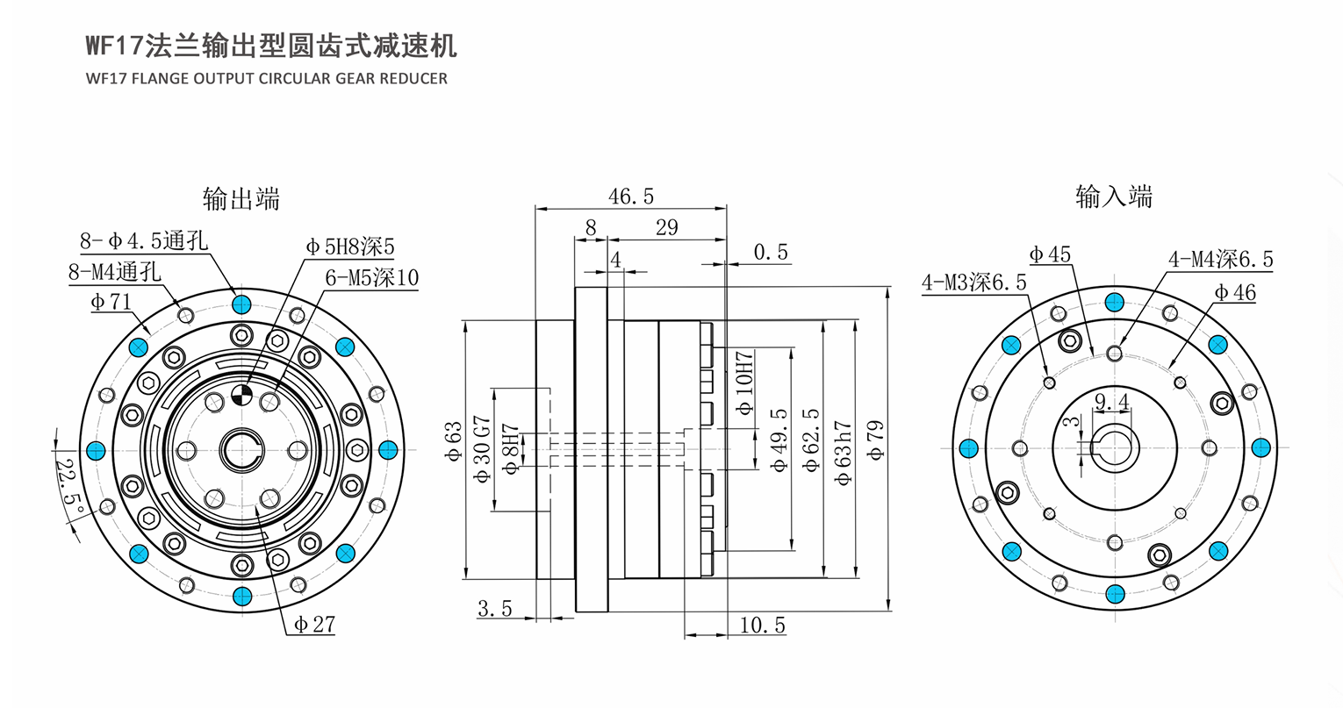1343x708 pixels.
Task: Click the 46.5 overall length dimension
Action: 631,196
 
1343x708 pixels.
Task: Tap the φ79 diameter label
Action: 875,440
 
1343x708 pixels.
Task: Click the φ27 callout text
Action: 314,624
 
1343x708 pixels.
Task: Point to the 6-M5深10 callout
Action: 371,277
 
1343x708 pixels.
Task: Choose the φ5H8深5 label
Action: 350,247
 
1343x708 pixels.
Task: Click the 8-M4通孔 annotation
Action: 114,272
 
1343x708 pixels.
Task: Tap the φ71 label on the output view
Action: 111,302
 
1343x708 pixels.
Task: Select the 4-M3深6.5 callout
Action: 974,282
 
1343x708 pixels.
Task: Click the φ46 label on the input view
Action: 1234,292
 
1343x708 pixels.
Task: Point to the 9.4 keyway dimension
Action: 1111,401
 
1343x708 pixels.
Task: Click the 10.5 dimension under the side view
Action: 762,626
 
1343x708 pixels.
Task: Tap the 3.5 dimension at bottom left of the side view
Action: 495,609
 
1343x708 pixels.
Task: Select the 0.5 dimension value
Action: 771,253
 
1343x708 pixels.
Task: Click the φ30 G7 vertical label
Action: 484,449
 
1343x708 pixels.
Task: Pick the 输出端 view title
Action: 241,199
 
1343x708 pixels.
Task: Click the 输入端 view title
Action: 1114,197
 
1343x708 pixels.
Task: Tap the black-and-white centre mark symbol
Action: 242,395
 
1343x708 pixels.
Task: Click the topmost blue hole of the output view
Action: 241,304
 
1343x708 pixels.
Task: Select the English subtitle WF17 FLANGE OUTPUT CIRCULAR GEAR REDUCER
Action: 267,79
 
